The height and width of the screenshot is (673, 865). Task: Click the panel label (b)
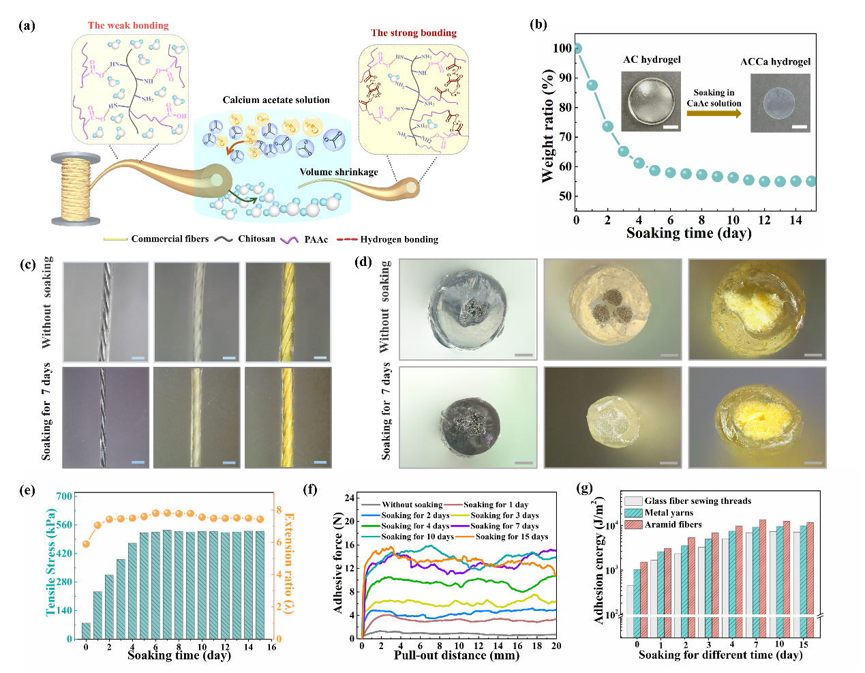538,25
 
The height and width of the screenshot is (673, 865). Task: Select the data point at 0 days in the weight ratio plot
577,48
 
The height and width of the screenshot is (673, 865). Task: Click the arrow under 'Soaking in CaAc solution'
714,114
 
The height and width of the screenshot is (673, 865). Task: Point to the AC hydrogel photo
651,102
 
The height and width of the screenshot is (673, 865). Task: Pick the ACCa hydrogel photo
780,103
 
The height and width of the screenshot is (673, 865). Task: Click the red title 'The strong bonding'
413,33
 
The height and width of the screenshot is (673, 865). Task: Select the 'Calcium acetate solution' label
276,100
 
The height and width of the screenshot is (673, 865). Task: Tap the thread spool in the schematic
76,189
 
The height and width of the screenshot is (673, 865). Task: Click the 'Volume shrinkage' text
339,172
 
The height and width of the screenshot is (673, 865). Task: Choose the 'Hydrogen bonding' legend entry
399,239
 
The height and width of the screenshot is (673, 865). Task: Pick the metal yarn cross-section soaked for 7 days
467,417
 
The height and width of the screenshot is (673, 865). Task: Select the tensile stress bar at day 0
86,631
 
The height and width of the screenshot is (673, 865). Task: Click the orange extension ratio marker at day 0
86,544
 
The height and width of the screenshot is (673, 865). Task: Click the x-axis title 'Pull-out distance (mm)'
456,655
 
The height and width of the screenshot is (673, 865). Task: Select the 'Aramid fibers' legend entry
673,524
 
